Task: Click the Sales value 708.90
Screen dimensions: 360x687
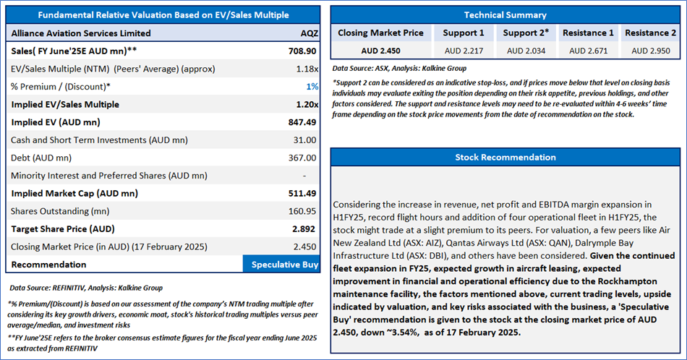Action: coord(302,52)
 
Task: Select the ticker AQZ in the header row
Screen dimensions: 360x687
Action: coord(309,33)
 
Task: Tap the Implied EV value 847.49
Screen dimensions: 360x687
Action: coord(302,122)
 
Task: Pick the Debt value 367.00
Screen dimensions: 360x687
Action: coord(302,158)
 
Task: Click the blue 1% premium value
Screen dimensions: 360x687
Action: coord(312,87)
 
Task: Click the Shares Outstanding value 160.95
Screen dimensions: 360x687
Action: coord(302,211)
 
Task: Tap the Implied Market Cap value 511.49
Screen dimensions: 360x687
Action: coord(302,193)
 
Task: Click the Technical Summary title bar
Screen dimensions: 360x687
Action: coord(505,14)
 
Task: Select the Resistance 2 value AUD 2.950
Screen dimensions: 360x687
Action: coord(651,51)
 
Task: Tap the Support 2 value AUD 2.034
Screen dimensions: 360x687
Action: coord(526,51)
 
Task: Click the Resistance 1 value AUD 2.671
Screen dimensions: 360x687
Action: coord(589,51)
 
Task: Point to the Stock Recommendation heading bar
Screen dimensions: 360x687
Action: coord(505,157)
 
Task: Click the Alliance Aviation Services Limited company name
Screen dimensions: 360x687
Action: coord(81,33)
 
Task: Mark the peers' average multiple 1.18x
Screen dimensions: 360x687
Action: coord(307,69)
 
